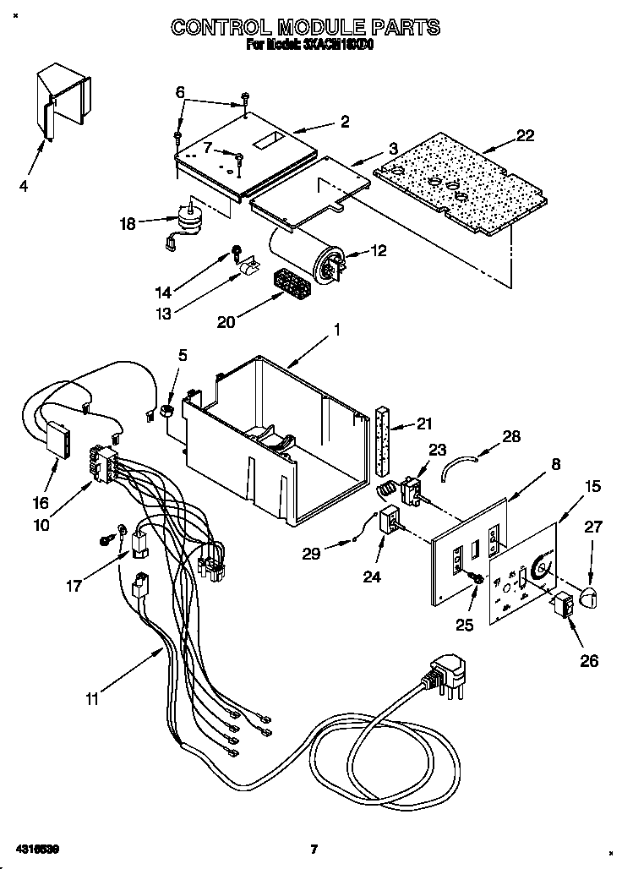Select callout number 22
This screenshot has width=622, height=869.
click(x=525, y=136)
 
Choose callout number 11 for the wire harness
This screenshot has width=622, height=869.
click(x=92, y=698)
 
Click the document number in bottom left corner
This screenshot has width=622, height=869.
click(x=36, y=848)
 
